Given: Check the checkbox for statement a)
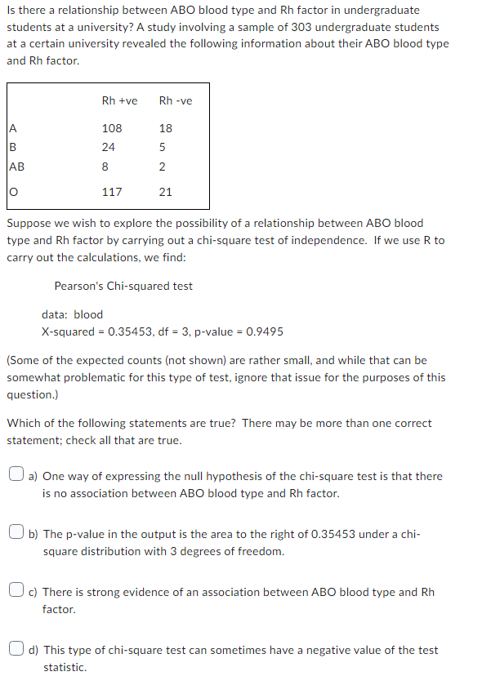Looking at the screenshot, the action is (16, 476).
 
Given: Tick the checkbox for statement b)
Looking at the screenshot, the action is (16, 534).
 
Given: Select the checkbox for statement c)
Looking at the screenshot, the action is (16, 592).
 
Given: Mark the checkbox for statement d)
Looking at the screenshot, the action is (16, 650).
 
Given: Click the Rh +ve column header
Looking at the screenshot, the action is (119, 100).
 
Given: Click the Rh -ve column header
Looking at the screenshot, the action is (176, 100).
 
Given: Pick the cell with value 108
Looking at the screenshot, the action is (112, 128).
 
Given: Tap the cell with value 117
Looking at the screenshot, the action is (112, 192).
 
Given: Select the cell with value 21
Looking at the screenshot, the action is (166, 192).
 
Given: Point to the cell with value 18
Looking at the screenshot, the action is (166, 128).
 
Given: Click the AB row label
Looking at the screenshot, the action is (16, 167).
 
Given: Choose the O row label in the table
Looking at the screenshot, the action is (13, 192).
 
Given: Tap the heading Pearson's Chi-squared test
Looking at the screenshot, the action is (123, 286).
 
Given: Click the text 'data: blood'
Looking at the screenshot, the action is (73, 314).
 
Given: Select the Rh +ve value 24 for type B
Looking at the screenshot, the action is (109, 148).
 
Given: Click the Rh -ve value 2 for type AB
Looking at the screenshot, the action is (163, 167).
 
